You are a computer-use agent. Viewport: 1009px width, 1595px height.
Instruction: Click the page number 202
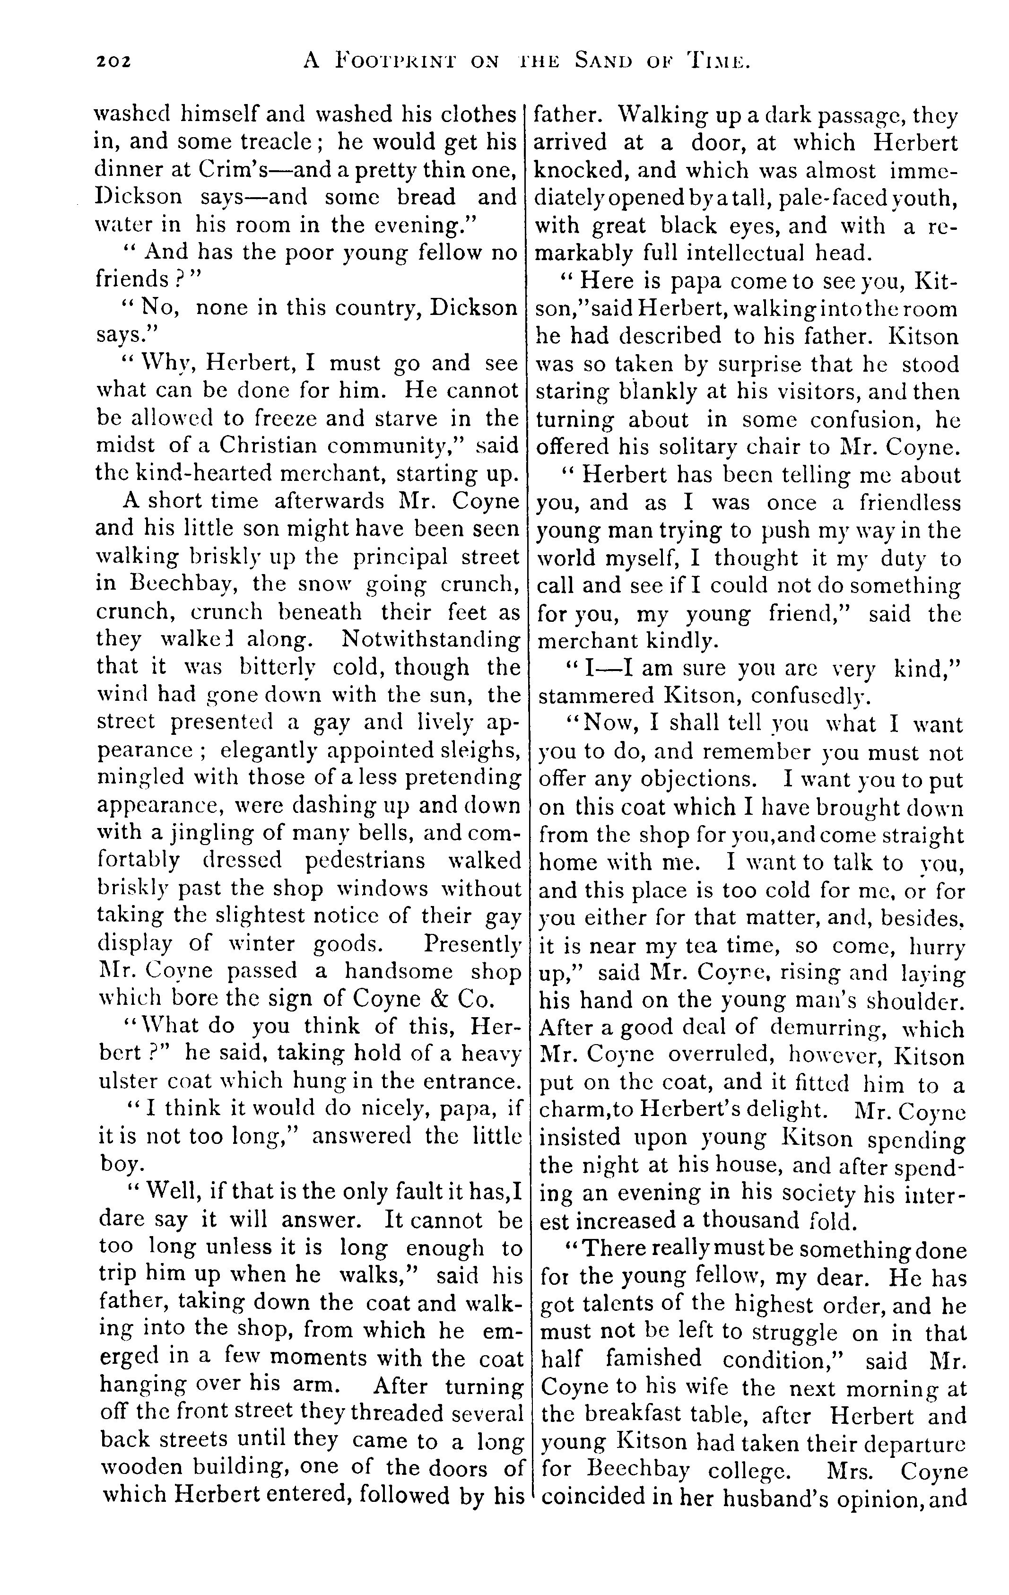click(x=114, y=61)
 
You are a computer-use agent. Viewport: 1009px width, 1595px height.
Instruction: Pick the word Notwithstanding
click(x=431, y=640)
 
